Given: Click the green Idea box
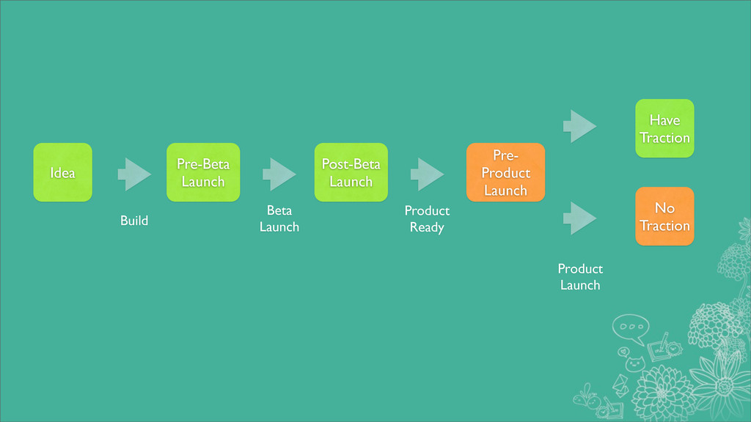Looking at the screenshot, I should pos(62,172).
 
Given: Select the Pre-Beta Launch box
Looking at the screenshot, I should pos(203,172).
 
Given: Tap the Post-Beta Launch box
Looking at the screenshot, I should pos(351,172).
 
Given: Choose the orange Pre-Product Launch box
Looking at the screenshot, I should pos(505,172).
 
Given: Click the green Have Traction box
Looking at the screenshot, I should pos(664,128).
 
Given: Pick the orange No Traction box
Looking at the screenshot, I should pos(664,216).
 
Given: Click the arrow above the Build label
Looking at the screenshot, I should pos(134,174).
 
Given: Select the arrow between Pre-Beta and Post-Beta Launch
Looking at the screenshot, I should pos(279,174).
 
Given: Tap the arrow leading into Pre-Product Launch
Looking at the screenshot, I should pos(427,174).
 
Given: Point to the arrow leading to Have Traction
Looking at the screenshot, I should pos(579,127).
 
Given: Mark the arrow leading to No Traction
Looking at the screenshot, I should pos(579,218).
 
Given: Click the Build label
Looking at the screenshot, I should pos(134,221).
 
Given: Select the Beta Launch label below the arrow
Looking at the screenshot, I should pos(279,219).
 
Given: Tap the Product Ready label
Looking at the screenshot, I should pos(427,219).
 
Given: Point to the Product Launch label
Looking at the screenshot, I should pos(580,277).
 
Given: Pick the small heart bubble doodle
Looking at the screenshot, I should pos(623,351).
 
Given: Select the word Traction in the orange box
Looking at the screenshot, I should pos(664,226).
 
